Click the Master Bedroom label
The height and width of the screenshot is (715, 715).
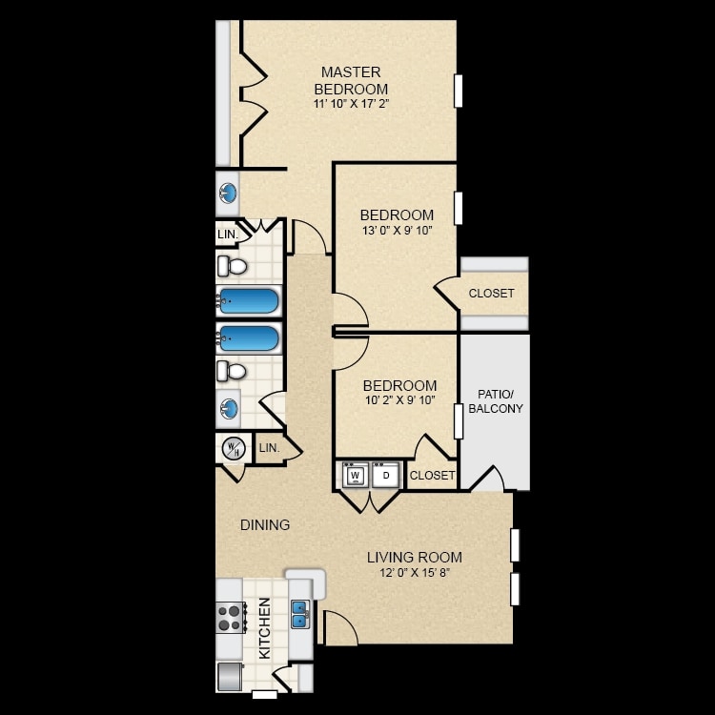[x=351, y=80]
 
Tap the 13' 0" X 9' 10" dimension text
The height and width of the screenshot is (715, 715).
[x=397, y=231]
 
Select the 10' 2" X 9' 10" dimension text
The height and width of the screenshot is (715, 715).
[x=399, y=400]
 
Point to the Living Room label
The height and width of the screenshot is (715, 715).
[x=415, y=558]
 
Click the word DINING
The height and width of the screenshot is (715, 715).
[x=265, y=525]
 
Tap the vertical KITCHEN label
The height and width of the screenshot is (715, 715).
[x=264, y=628]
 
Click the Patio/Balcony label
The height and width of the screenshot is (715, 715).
[x=496, y=401]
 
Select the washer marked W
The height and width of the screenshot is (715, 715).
[x=356, y=476]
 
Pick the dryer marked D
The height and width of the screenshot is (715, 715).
[x=386, y=476]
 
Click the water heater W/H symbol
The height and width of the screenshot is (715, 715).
[x=234, y=449]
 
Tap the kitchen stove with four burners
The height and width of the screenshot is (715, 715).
[x=231, y=618]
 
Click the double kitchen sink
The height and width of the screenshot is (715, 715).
[x=300, y=614]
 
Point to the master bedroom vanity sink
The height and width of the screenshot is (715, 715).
[x=228, y=194]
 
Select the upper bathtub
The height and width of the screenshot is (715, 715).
[x=249, y=301]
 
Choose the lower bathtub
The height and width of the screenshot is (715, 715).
[x=249, y=338]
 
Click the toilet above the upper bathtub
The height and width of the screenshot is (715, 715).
[x=232, y=266]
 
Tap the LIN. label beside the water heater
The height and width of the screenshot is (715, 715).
[x=269, y=448]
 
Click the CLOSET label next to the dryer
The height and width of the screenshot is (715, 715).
[x=432, y=476]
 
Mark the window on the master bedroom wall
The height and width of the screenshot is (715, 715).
[x=459, y=92]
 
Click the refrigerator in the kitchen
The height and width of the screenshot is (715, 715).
[x=230, y=677]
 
